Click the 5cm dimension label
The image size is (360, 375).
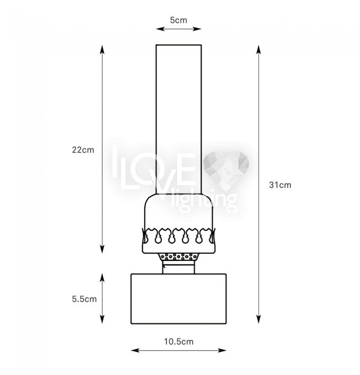coord(178,20)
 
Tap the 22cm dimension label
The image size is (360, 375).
coord(83,150)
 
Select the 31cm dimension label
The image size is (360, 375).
coord(280,185)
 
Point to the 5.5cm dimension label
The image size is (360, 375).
coord(84,299)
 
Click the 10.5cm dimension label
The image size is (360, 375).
coord(179,342)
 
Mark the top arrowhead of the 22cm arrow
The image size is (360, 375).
coord(102,49)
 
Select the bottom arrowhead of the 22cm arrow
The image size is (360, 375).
coord(102,249)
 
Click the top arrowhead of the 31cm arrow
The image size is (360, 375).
coord(258,49)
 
